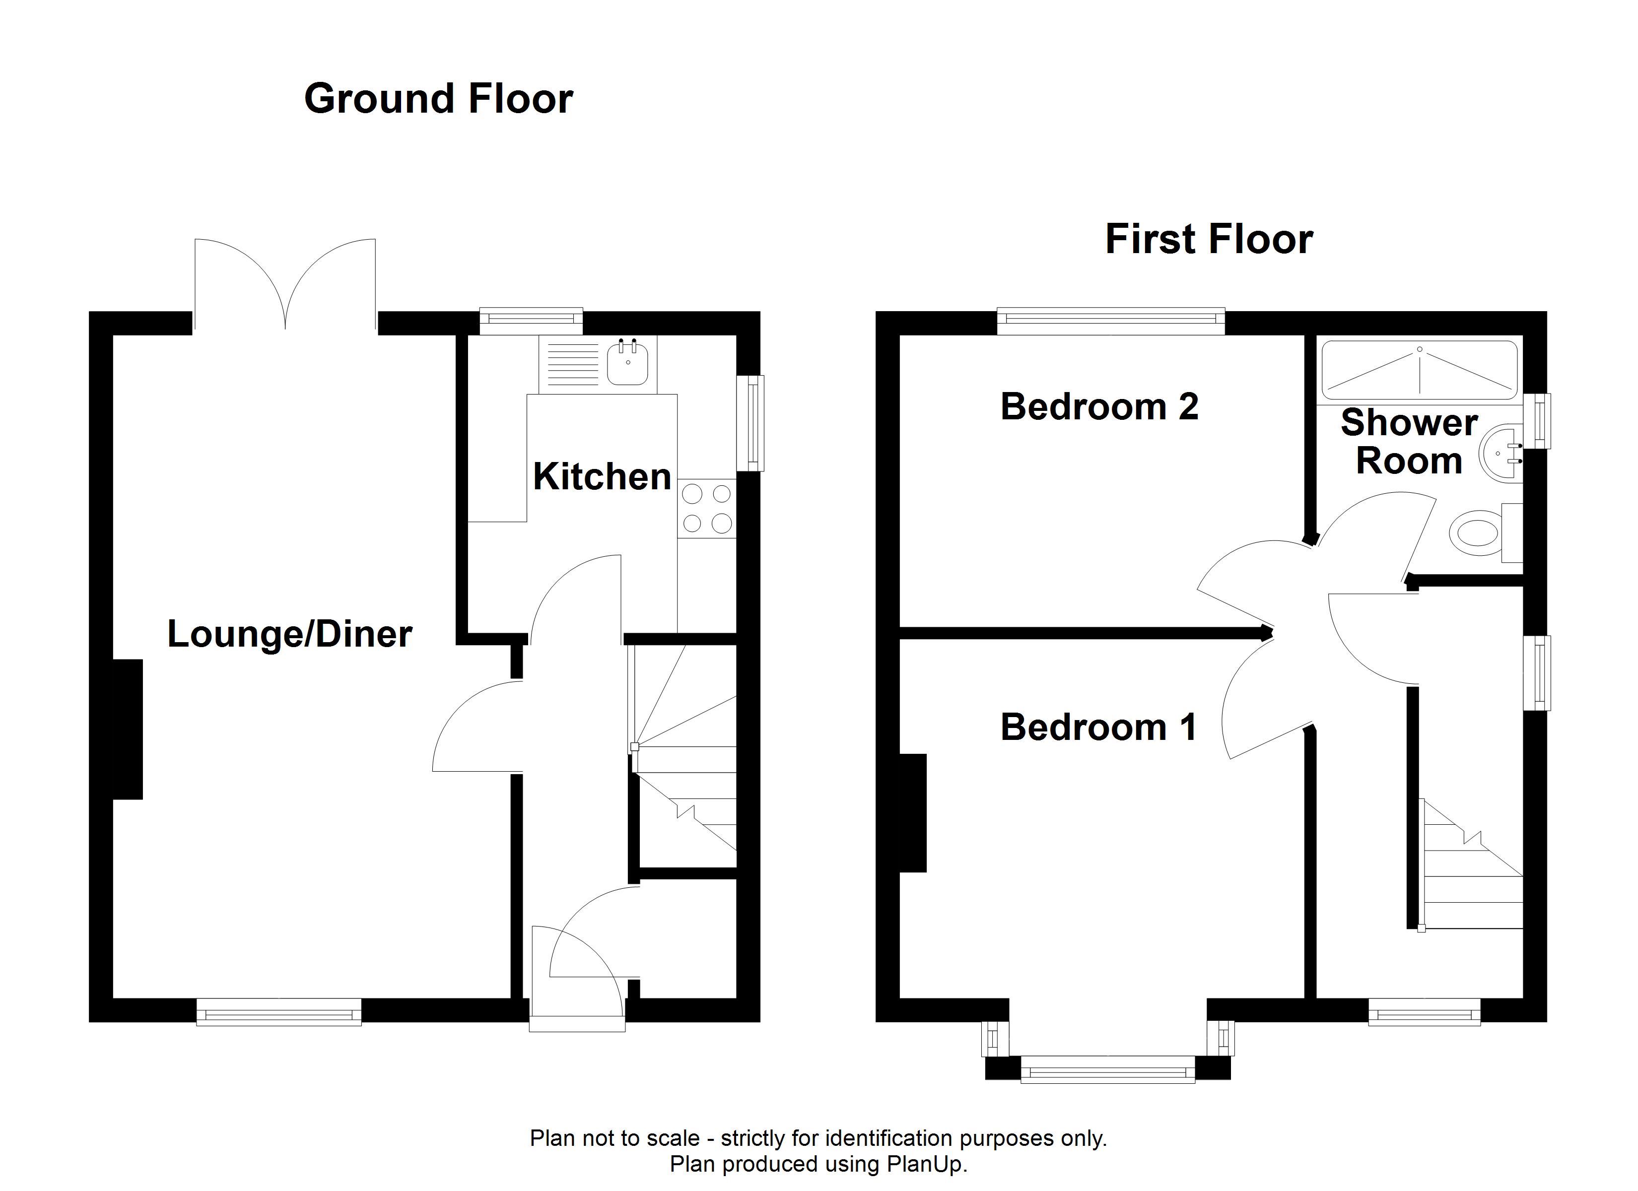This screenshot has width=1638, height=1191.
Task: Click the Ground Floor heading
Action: [438, 98]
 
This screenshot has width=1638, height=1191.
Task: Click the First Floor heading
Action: [1209, 239]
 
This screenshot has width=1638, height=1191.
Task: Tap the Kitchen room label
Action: [602, 477]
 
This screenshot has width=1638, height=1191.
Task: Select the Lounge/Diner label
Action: [289, 634]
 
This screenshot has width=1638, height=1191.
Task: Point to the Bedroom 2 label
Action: [1099, 406]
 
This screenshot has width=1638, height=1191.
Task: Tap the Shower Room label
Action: [1409, 441]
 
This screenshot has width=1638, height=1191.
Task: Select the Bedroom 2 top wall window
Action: [1111, 322]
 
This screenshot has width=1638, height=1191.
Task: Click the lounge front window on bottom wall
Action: [279, 1011]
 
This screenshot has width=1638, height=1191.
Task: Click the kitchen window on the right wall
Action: [754, 423]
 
